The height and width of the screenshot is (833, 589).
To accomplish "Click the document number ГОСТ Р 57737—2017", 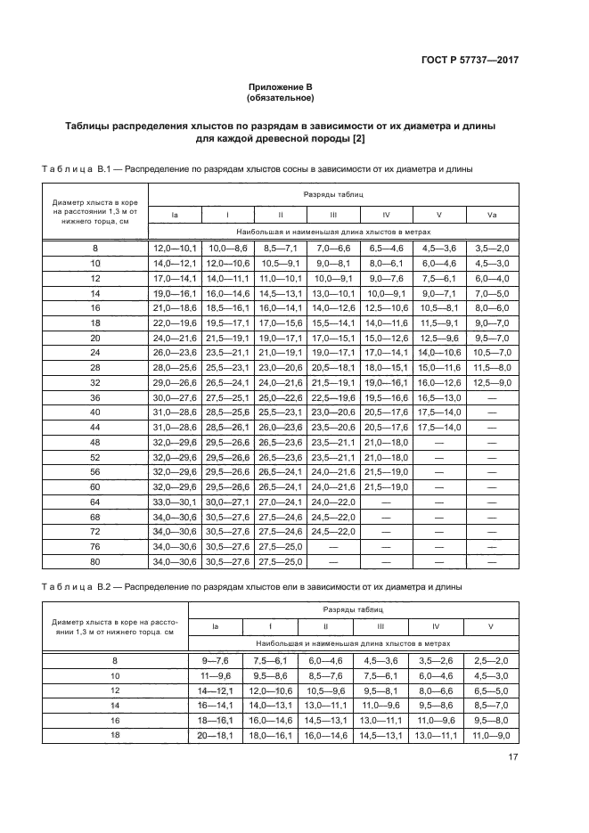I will tap(469, 60).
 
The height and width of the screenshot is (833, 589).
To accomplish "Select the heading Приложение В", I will tap(281, 87).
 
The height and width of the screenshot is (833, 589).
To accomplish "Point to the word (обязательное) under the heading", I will tap(281, 98).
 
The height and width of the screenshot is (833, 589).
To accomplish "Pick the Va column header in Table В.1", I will tap(492, 215).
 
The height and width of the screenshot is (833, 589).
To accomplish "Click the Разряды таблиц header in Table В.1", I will tap(332, 193).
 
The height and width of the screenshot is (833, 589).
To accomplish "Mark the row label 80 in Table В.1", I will tap(95, 561).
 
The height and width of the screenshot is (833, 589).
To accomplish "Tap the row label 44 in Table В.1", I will tap(95, 428).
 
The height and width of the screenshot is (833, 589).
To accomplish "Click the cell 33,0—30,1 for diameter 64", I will tap(175, 502).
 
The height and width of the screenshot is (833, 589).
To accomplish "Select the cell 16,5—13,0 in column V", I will tap(439, 398).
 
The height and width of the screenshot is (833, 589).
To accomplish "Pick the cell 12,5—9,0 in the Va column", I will tap(492, 383).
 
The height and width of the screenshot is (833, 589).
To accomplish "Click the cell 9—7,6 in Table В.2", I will tap(216, 660).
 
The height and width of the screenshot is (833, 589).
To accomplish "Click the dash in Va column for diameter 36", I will tap(492, 398).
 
